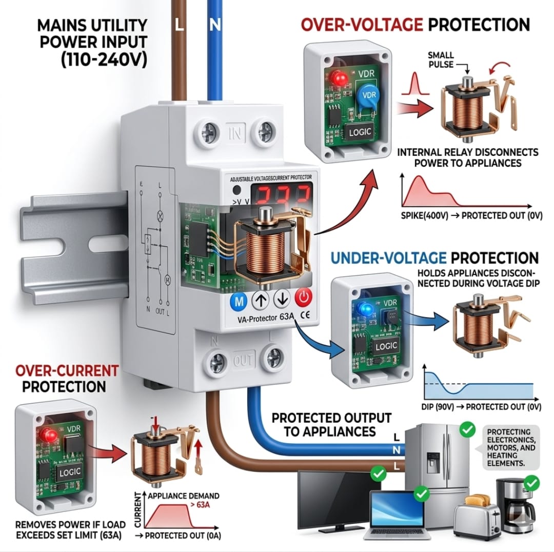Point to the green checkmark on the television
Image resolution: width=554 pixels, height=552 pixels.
click(x=378, y=473)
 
